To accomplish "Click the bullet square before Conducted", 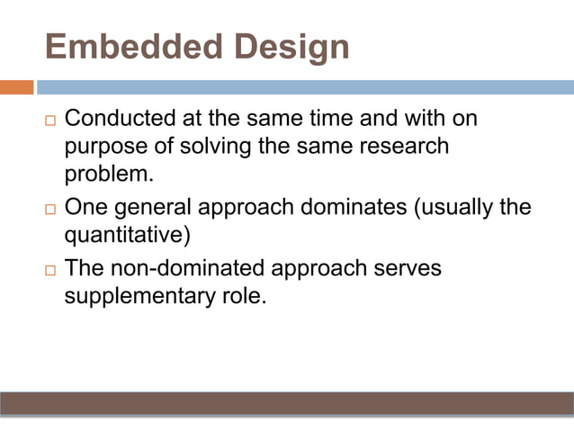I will point(49,121).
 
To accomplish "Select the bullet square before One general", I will point(49,208).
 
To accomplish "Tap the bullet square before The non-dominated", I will point(49,270).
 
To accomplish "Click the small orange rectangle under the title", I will point(16,87).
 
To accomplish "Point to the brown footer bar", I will point(287,403).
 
